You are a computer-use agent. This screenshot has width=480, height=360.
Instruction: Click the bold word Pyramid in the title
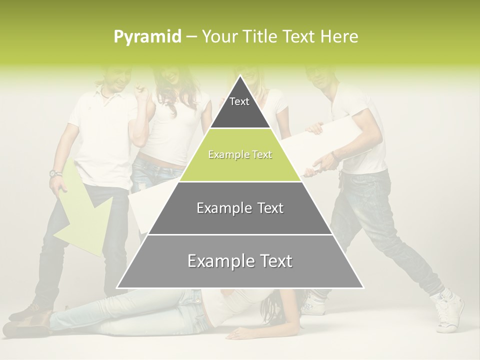click(147, 37)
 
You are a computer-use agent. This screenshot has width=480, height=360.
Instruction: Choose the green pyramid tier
click(240, 155)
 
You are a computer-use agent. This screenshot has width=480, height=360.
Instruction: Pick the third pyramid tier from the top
click(240, 208)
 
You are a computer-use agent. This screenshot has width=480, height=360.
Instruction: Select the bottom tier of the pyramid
click(240, 261)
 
